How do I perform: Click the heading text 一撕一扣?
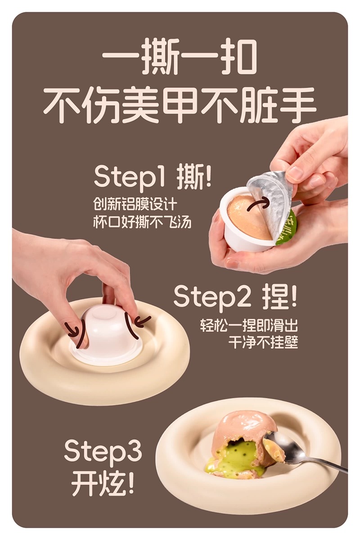pos(180,58)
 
